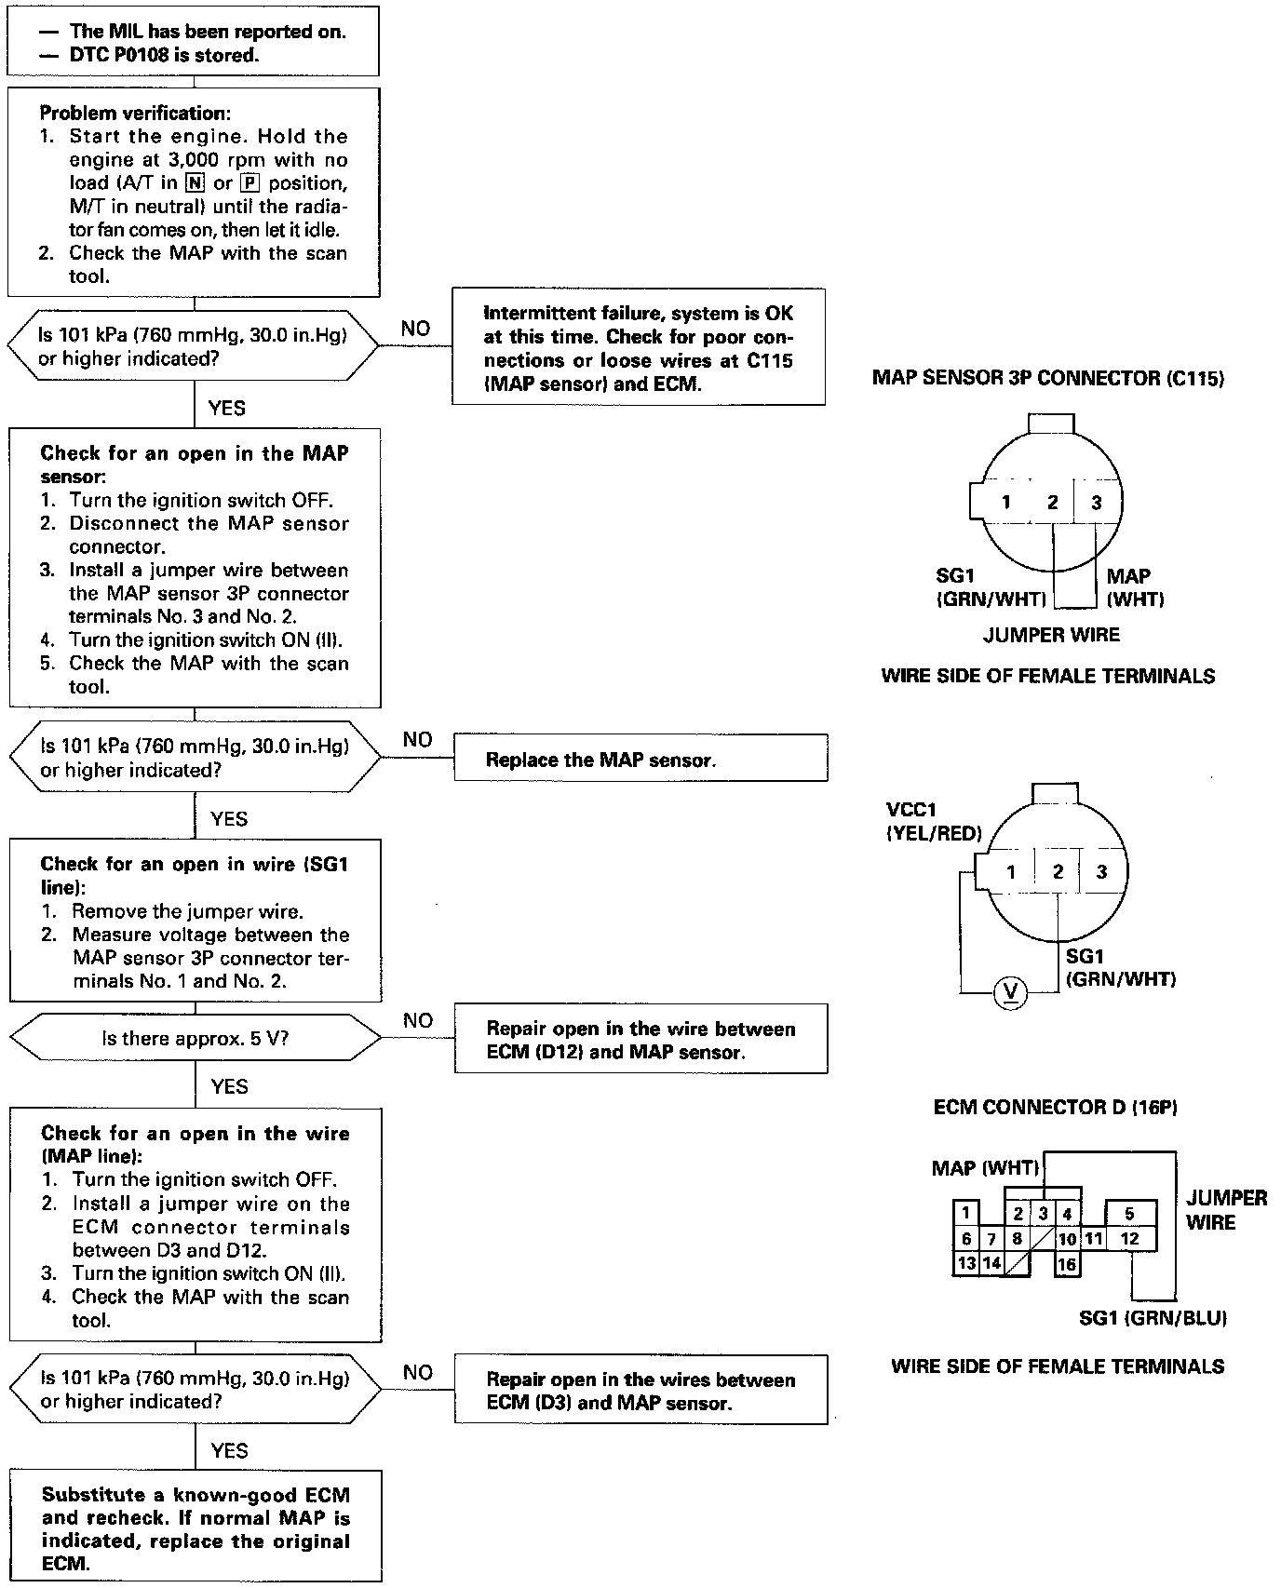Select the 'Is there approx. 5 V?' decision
[196, 1038]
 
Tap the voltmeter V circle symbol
[1009, 993]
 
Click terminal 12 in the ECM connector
[1130, 1239]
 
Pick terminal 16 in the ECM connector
[1067, 1264]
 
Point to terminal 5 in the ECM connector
[1129, 1214]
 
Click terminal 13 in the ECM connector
[967, 1263]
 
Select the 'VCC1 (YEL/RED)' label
[934, 822]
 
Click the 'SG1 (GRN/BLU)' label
[1153, 1318]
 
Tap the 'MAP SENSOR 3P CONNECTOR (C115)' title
[1048, 378]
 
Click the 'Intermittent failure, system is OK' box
[639, 347]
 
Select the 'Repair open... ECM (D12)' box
[640, 1040]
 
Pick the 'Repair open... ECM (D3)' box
[640, 1391]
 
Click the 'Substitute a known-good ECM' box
[196, 1528]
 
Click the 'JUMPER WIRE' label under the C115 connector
[1051, 635]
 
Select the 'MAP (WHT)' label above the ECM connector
[985, 1168]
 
